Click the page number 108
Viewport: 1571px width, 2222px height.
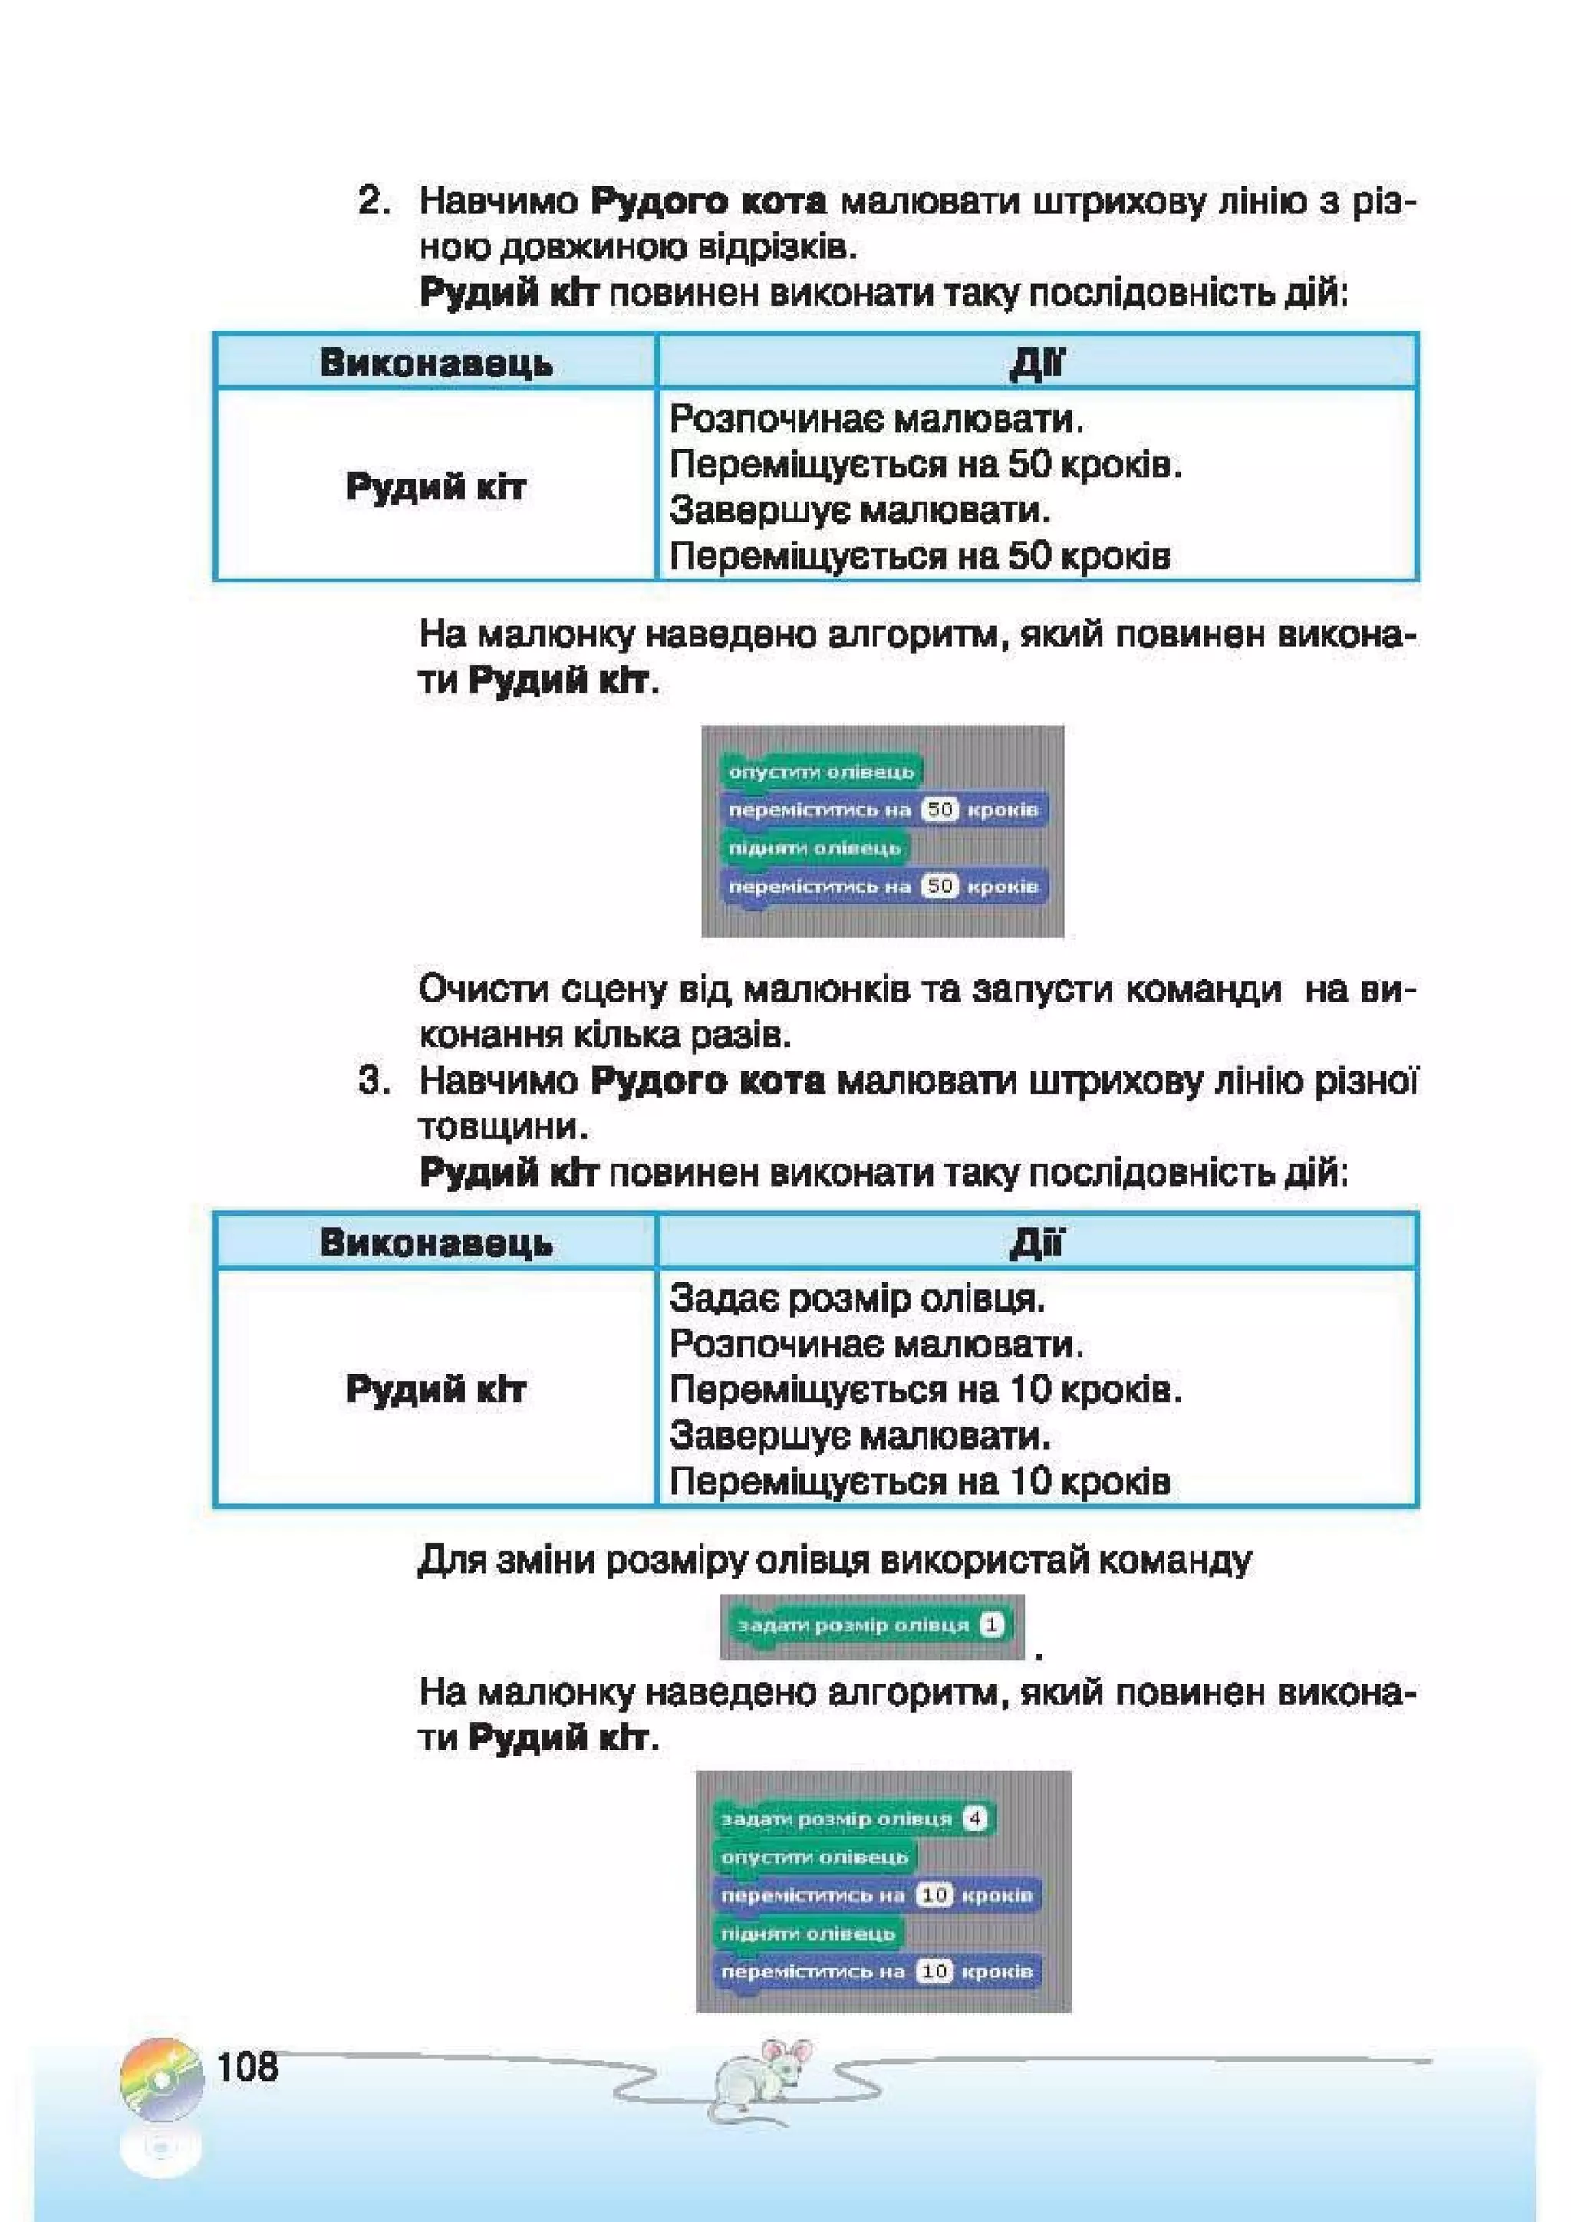pos(248,2066)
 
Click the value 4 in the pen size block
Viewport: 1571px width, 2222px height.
pos(975,1819)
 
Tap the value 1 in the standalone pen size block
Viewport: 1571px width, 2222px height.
pos(991,1625)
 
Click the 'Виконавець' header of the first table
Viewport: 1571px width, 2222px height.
pos(436,363)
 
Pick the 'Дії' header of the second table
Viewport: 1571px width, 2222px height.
pos(1036,1242)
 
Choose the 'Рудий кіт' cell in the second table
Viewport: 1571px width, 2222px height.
pos(436,1390)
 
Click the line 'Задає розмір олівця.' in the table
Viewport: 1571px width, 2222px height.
pos(857,1298)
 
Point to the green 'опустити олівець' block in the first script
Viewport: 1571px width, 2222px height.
pos(821,772)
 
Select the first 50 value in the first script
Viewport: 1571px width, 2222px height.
pos(939,809)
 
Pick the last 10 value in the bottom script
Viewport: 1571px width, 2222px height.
pos(934,1971)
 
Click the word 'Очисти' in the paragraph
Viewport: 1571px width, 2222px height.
pos(477,990)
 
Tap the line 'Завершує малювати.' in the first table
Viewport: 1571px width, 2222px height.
pos(860,509)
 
